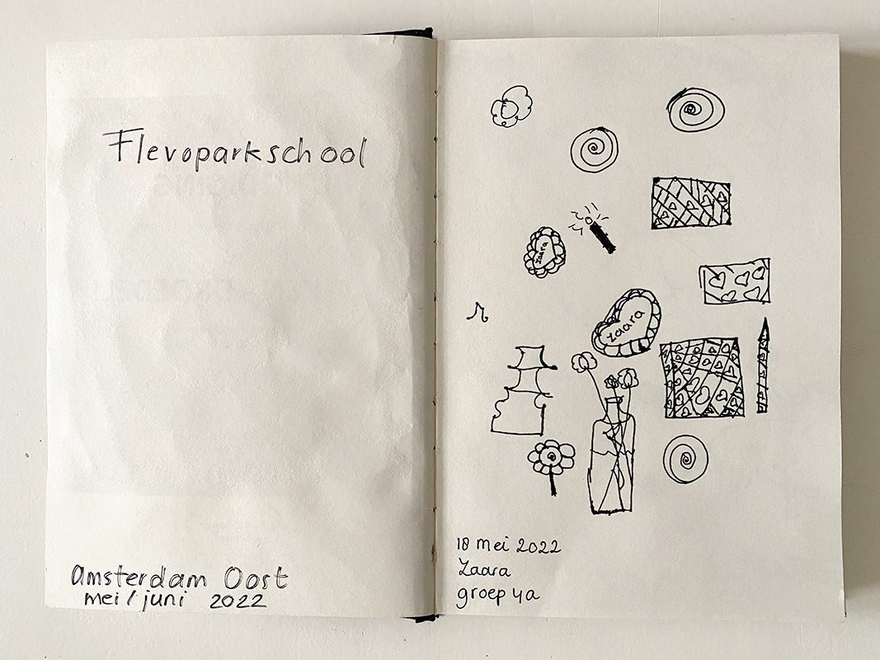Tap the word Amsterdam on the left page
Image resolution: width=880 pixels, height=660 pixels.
pyautogui.click(x=139, y=577)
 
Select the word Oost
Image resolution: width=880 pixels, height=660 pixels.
pyautogui.click(x=256, y=577)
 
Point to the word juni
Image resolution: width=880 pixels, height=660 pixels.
pyautogui.click(x=162, y=601)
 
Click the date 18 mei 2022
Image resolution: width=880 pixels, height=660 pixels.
pyautogui.click(x=508, y=545)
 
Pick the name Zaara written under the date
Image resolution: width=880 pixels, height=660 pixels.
pyautogui.click(x=484, y=569)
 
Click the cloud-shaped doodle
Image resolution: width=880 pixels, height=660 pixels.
pyautogui.click(x=511, y=106)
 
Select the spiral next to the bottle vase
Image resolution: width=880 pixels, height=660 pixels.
pyautogui.click(x=685, y=459)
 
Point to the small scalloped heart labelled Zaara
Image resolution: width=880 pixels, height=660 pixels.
pyautogui.click(x=544, y=252)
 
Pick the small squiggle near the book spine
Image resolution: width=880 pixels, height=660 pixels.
pyautogui.click(x=478, y=312)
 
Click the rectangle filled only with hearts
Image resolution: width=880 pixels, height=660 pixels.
pyautogui.click(x=735, y=280)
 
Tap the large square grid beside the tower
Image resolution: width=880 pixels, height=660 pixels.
pyautogui.click(x=703, y=378)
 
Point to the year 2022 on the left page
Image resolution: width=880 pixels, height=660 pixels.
pyautogui.click(x=238, y=601)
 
